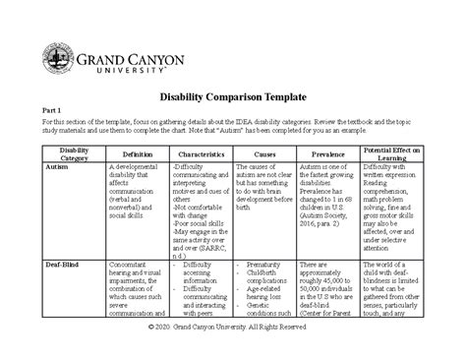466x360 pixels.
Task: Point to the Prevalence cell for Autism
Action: pyautogui.click(x=327, y=192)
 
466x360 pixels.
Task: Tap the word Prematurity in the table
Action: pyautogui.click(x=268, y=266)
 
